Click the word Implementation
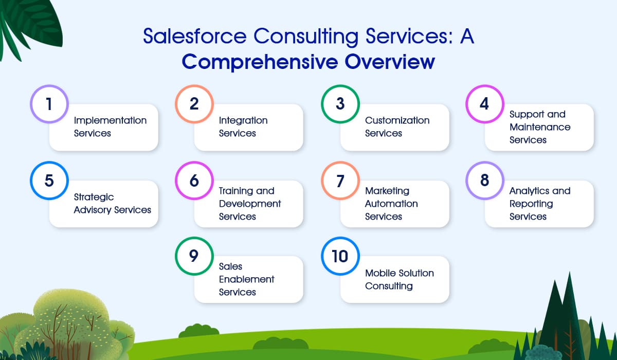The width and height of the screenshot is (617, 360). point(110,121)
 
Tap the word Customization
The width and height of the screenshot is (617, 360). point(397,120)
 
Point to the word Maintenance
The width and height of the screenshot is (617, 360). point(540,127)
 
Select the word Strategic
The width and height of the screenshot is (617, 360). point(94,197)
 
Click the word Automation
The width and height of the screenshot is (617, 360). point(391,204)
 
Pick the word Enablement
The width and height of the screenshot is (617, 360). point(246,279)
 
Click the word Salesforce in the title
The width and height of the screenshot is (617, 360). point(195,36)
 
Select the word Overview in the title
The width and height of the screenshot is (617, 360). point(390,62)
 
